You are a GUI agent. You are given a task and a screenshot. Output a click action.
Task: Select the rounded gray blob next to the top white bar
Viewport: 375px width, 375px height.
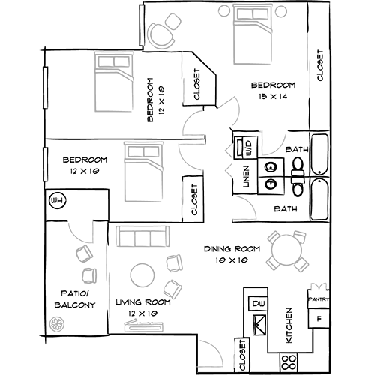coord(172,28)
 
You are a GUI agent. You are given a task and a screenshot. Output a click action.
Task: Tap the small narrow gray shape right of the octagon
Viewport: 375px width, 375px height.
coord(178,77)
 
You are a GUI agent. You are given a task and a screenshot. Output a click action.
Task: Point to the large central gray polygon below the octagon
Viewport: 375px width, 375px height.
coord(148,174)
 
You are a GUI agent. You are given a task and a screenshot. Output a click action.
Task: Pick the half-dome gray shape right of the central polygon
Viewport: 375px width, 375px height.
coord(241,210)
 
